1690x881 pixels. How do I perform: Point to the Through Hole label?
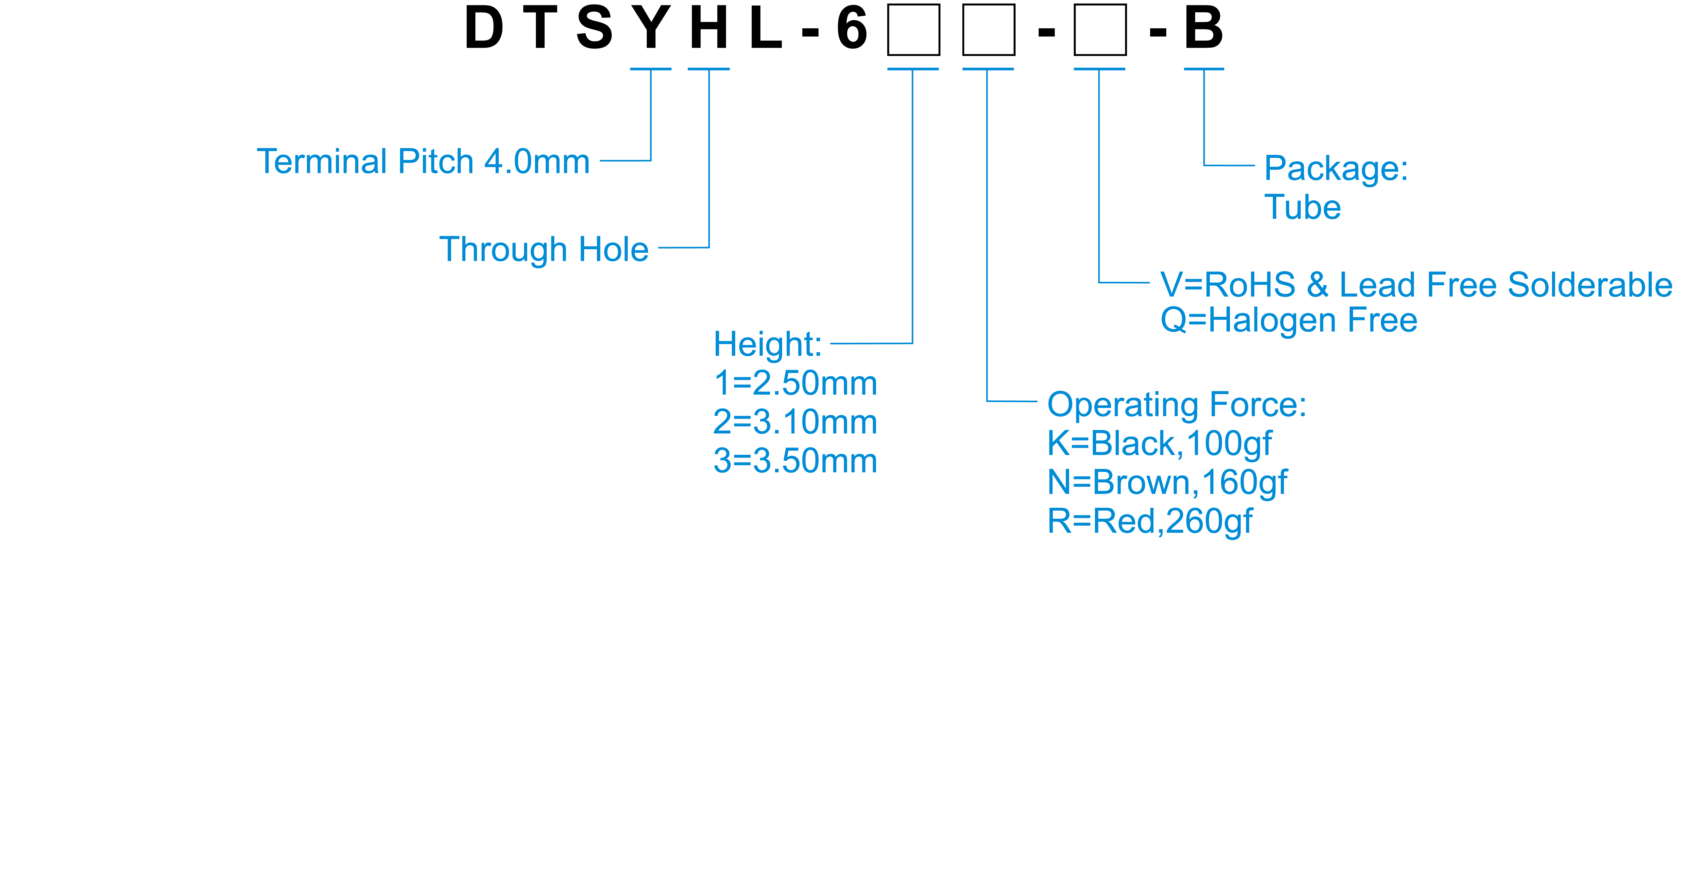544,249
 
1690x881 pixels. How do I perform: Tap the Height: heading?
768,344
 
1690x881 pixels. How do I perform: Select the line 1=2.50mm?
795,383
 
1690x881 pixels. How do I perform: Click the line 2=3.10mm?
795,422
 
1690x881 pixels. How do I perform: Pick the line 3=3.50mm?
795,461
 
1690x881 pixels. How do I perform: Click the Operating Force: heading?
1176,405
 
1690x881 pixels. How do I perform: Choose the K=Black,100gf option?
1159,444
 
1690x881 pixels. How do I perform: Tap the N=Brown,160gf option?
1167,482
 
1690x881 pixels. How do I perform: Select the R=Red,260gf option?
1149,522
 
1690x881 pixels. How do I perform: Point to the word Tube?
1302,207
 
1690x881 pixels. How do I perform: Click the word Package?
1336,169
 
